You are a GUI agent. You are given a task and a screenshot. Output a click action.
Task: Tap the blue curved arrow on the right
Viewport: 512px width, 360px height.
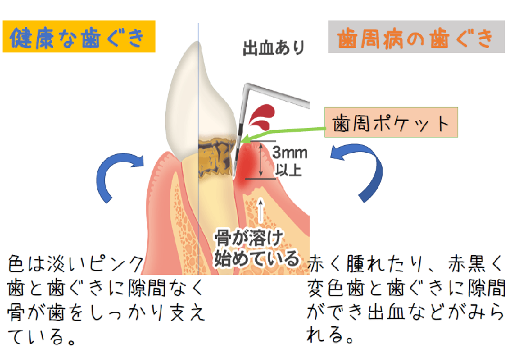coord(362,169)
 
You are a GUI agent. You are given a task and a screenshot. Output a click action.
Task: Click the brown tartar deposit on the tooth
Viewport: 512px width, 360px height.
coord(214,157)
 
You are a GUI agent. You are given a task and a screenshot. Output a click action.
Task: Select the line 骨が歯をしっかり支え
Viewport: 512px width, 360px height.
coord(106,313)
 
